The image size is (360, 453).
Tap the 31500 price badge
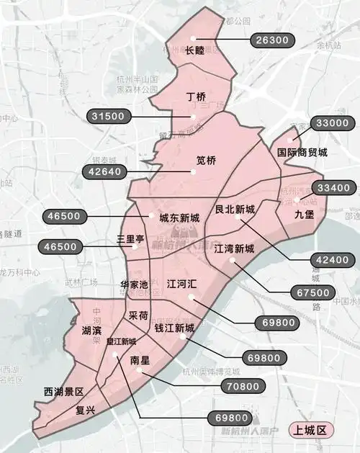point(109,115)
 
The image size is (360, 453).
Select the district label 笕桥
point(207,161)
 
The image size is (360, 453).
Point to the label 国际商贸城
point(302,153)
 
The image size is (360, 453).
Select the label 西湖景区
point(64,392)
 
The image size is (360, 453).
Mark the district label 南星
point(140,359)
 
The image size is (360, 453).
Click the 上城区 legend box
point(308,431)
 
